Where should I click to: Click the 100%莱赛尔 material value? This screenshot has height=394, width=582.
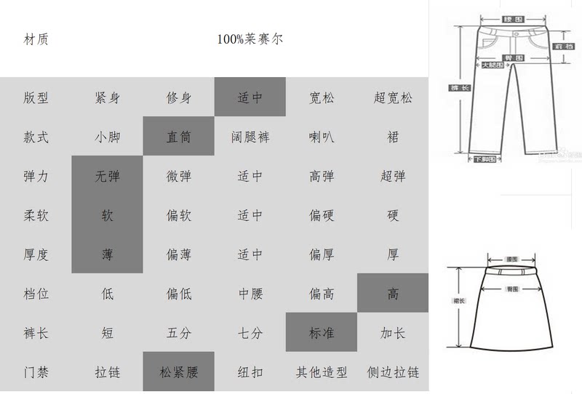(x=250, y=39)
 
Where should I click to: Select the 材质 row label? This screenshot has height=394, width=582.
(x=36, y=39)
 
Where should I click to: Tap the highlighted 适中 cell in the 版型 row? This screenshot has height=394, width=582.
(x=250, y=97)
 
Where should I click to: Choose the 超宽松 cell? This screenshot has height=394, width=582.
(x=393, y=97)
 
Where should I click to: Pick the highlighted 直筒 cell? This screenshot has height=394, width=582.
(x=179, y=137)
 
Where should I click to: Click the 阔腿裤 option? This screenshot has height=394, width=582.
(x=250, y=137)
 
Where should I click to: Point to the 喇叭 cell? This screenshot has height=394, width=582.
(x=322, y=137)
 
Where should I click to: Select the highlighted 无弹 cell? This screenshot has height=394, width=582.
(x=108, y=176)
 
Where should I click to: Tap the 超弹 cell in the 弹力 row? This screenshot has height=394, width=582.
(x=393, y=176)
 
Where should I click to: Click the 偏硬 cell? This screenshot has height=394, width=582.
(x=322, y=215)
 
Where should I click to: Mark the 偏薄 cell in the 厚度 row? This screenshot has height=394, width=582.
(x=179, y=254)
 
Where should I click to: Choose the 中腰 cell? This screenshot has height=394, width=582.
(x=250, y=294)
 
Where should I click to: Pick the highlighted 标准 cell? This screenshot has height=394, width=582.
(x=322, y=333)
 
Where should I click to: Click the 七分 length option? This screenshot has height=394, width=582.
(x=250, y=333)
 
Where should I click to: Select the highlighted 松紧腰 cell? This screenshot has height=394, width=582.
(x=179, y=372)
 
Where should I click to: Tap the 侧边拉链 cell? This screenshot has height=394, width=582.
(x=393, y=372)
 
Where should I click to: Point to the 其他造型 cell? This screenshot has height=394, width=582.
(x=322, y=372)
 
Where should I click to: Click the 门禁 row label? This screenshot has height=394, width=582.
(x=36, y=372)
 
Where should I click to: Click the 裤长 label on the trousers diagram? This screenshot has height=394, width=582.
(x=459, y=87)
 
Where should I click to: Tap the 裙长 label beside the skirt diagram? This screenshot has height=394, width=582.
(x=458, y=299)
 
